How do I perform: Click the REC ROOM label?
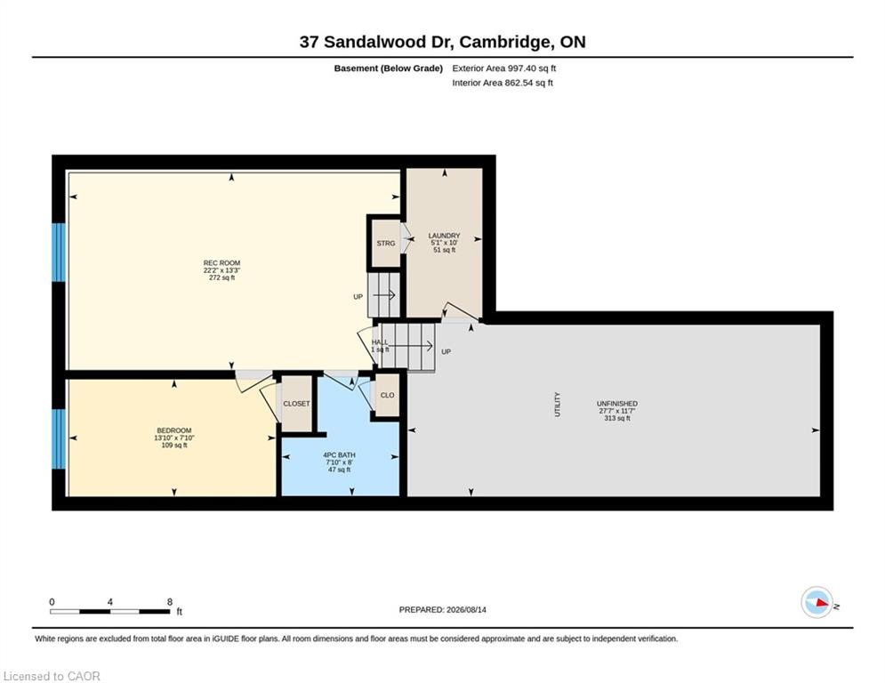221,263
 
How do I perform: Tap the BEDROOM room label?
173,430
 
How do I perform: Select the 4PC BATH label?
339,455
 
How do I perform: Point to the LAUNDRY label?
444,236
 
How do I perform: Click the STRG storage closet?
386,244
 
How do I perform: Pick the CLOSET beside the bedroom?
296,404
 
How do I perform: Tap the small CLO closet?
387,395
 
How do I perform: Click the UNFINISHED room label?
617,404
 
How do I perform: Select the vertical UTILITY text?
558,405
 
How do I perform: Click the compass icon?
817,603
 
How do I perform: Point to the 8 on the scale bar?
169,602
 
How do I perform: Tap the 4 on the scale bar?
109,602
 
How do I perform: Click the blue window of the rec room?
59,253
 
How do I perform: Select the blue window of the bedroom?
59,439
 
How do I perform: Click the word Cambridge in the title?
505,43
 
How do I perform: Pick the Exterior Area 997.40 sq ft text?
504,68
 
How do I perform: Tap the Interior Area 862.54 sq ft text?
503,83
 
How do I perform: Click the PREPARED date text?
443,609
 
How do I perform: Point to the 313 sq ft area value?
617,418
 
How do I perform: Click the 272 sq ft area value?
221,277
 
